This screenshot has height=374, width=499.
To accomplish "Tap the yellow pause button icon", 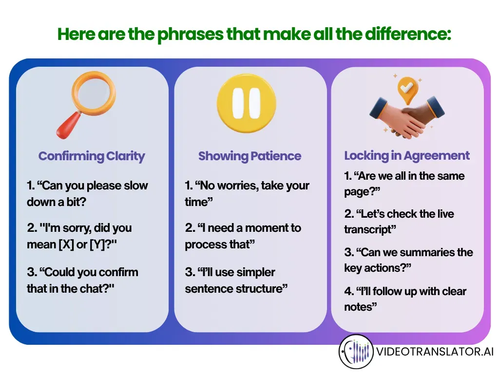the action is [x=246, y=103].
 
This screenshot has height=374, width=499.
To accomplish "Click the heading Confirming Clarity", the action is [x=92, y=156].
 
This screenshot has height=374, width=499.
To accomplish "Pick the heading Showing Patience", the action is [x=250, y=156].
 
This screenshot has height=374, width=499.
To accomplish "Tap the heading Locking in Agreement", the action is [x=407, y=156].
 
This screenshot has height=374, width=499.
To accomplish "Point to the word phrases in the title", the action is [x=191, y=35].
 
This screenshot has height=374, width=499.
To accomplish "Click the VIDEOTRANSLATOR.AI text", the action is [x=435, y=352].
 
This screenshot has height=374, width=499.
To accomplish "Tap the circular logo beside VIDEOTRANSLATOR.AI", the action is [x=356, y=352].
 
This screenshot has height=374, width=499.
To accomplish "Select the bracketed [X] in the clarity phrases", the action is [x=66, y=244].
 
